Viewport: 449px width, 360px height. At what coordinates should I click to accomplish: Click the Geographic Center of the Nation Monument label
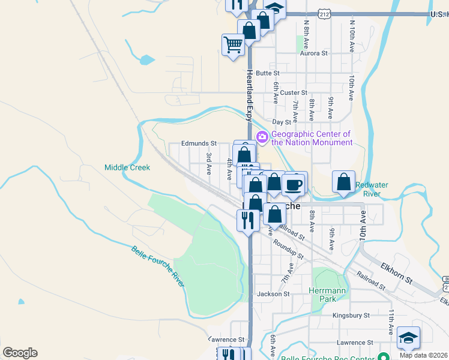pos(312,139)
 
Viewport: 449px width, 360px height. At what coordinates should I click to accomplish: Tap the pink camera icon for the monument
pos(262,137)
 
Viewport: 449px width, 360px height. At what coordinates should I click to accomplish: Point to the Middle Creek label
pos(127,167)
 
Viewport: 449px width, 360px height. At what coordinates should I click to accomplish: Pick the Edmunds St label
pos(199,144)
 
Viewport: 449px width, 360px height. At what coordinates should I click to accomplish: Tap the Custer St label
pos(294,92)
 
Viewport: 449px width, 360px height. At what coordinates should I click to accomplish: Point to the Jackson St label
pos(273,294)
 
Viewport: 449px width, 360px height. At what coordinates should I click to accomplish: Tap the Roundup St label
pos(288,250)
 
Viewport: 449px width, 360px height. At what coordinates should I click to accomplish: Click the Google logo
pos(20,353)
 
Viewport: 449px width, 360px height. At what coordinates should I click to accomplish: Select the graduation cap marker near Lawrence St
pos(408,338)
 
